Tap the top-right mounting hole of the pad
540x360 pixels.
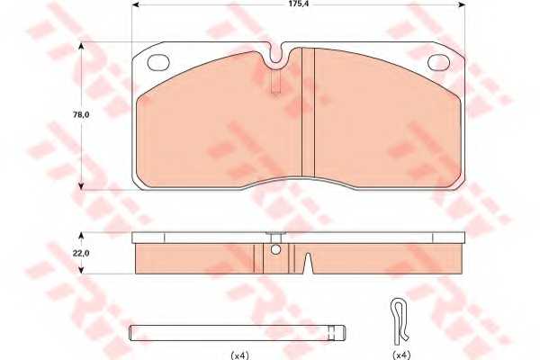[x=440, y=62]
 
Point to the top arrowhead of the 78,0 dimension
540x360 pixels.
[x=83, y=46]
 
